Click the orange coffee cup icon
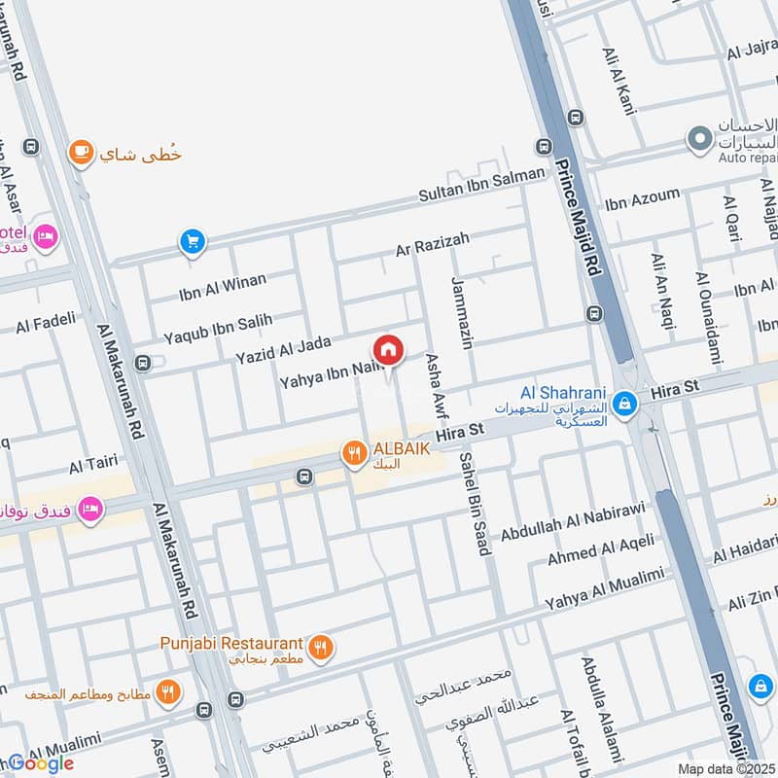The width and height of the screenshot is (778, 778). click(81, 152)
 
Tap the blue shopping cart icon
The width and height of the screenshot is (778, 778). click(193, 241)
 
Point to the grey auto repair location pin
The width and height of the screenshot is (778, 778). click(697, 140)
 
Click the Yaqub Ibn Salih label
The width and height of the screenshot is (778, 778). click(218, 328)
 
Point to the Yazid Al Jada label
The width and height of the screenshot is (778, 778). click(283, 350)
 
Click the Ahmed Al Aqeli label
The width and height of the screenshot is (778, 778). click(600, 549)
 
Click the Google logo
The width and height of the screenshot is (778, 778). click(41, 763)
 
